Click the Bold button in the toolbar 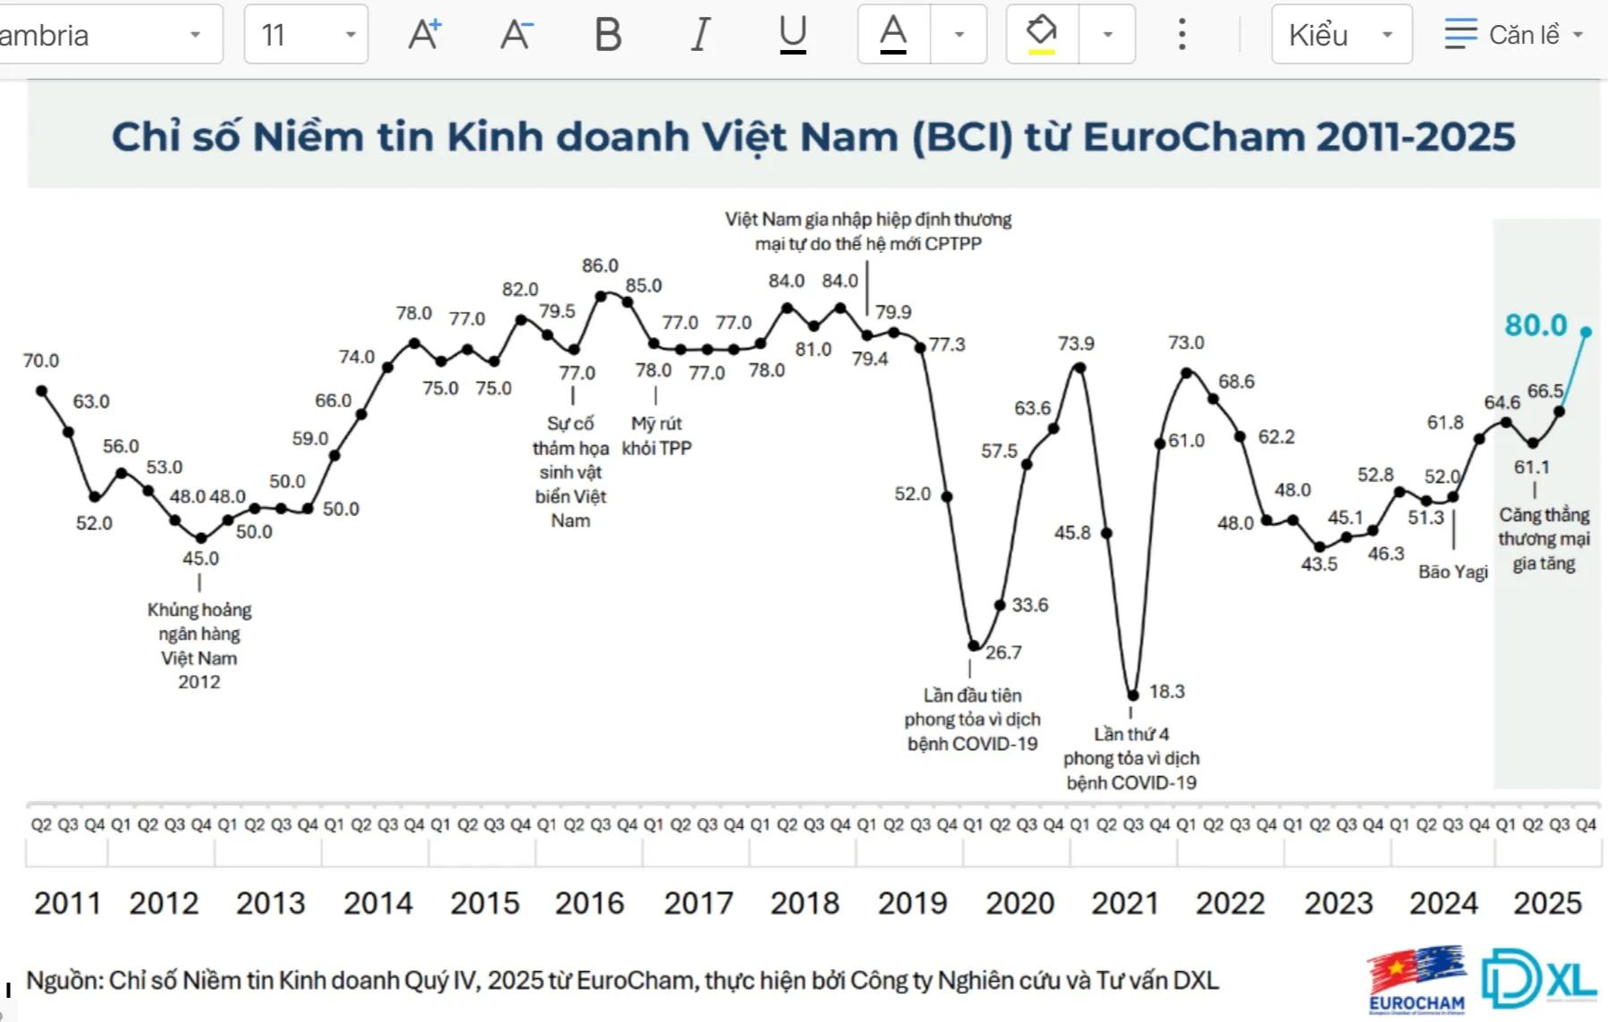608,35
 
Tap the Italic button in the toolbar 700,35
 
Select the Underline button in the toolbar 792,35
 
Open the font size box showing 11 305,35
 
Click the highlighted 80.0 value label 1536,325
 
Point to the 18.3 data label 1166,691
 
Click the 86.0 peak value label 600,266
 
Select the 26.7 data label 1003,653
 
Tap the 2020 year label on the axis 1020,903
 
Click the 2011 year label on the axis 67,903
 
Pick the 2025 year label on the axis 1547,903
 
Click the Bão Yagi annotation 1452,572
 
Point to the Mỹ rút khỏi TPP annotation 656,435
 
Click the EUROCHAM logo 1417,980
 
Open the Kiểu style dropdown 1341,35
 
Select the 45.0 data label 200,558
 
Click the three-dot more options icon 1182,35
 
